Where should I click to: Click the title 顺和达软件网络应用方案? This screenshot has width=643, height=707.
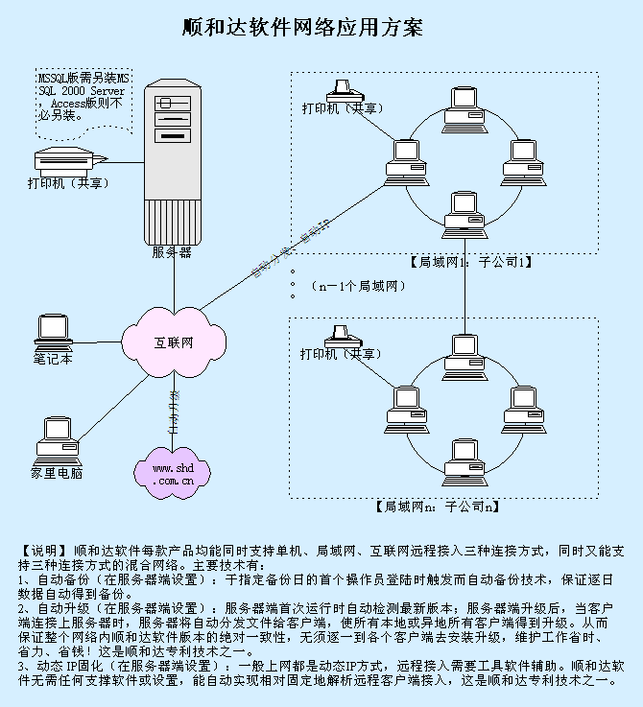pyautogui.click(x=302, y=27)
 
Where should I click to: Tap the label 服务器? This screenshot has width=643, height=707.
pyautogui.click(x=172, y=252)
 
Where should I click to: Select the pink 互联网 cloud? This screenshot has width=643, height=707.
pyautogui.click(x=174, y=342)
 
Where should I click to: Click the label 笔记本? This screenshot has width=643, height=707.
pyautogui.click(x=53, y=360)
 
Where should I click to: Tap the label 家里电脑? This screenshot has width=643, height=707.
pyautogui.click(x=56, y=473)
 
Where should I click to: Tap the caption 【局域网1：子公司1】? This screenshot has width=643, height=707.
pyautogui.click(x=469, y=260)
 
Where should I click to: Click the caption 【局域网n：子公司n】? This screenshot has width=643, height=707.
pyautogui.click(x=436, y=506)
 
